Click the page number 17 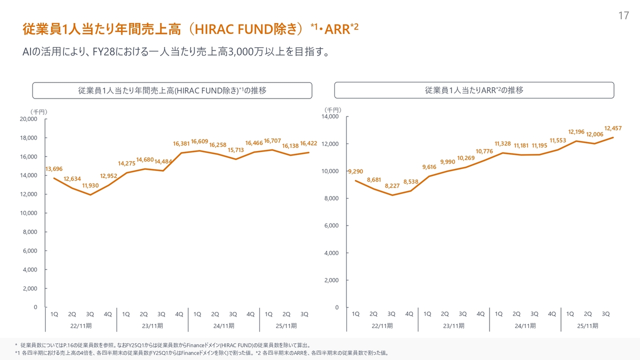pos(623,16)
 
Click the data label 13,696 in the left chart pos(54,169)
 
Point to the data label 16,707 pos(273,140)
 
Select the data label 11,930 pos(90,185)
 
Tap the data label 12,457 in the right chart pos(613,128)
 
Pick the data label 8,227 pos(392,186)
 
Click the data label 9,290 pos(355,171)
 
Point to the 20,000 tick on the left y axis pos(28,119)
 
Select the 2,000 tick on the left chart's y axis pos(30,288)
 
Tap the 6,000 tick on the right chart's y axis pos(331,225)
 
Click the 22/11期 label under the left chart pos(81,325)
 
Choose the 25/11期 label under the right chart pos(587,325)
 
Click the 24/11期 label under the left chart pos(223,325)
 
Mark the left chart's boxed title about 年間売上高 pos(172,90)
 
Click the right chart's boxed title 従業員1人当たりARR pos(474,90)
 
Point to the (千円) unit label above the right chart pos(332,109)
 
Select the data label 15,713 pos(236,150)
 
